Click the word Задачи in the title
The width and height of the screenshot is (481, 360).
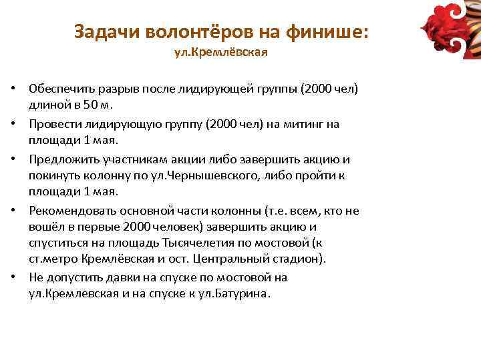tap(100, 31)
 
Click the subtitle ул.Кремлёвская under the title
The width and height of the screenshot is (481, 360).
tap(220, 52)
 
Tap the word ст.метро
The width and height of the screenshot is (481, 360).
tap(50, 258)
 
